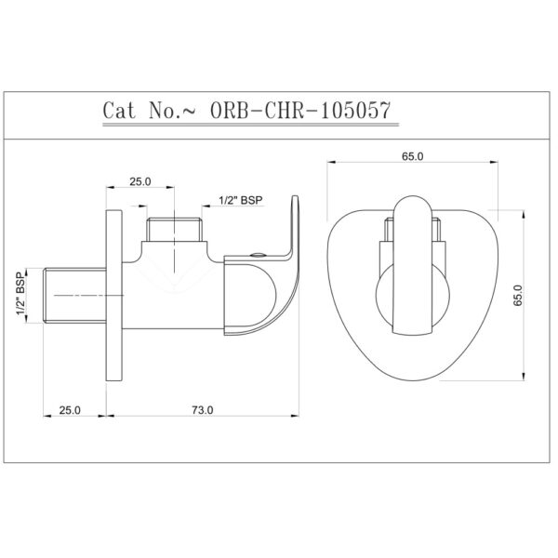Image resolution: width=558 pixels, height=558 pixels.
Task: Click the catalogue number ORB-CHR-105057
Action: click(300, 111)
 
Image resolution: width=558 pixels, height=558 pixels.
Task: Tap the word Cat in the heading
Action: click(119, 111)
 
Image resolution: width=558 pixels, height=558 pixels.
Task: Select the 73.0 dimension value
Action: click(203, 410)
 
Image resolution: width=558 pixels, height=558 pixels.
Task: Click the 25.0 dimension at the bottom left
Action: click(70, 410)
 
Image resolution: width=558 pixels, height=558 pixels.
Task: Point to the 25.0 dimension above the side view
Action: click(140, 181)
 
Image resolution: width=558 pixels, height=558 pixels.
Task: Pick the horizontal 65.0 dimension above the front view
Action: click(412, 156)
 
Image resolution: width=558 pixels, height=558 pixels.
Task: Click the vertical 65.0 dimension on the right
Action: click(517, 295)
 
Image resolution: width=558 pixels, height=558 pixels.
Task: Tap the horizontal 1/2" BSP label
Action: click(241, 200)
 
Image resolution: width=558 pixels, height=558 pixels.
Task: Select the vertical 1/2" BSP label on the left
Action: click(21, 293)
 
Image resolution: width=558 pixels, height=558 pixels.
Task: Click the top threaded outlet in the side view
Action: click(175, 230)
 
